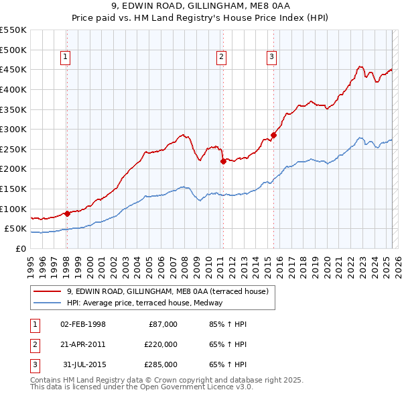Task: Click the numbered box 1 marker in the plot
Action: (66, 58)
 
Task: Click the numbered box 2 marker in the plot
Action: (221, 58)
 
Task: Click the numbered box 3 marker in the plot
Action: (272, 58)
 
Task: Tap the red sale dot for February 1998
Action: (67, 213)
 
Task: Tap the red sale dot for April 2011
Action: (222, 161)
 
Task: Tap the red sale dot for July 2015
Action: (273, 135)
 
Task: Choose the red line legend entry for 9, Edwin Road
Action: (167, 291)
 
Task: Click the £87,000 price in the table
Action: (163, 324)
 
